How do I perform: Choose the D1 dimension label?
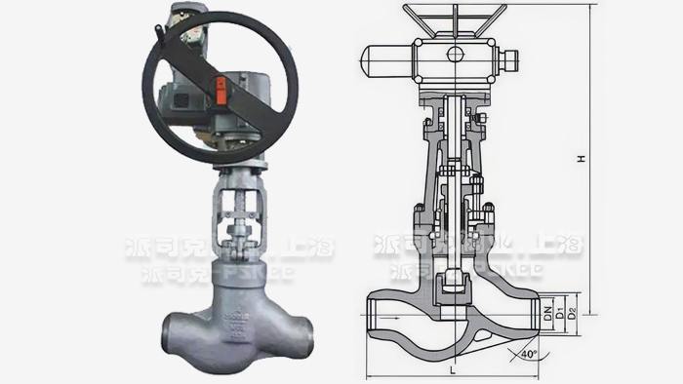[560, 312]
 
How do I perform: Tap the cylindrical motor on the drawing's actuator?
[385, 62]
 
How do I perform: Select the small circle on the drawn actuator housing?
[455, 55]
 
